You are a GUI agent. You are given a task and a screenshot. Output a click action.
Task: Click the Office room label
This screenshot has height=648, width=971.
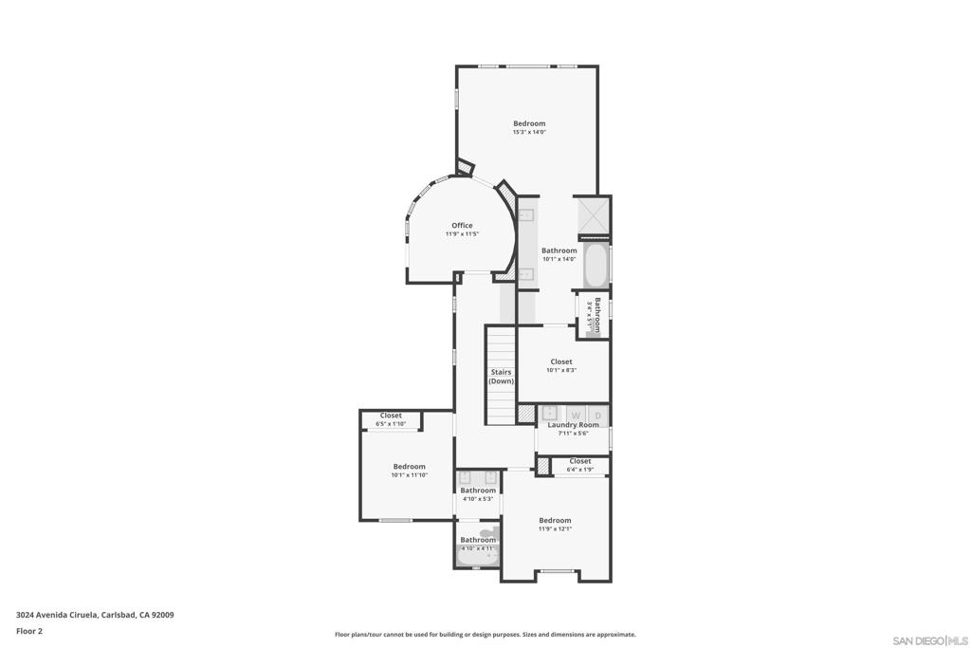click(x=462, y=225)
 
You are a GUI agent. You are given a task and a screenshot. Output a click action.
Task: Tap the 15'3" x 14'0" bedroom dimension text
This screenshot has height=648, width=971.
click(x=529, y=132)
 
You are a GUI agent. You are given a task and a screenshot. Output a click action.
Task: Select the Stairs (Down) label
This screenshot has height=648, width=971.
click(x=501, y=377)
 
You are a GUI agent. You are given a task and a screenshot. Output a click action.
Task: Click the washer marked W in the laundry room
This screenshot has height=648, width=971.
click(x=576, y=416)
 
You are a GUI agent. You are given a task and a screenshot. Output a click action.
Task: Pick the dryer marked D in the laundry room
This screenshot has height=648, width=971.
click(x=597, y=416)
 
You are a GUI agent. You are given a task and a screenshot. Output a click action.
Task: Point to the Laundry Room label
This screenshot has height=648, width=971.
click(x=573, y=425)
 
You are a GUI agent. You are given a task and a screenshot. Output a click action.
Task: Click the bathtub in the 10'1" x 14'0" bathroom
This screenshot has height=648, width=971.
click(x=595, y=266)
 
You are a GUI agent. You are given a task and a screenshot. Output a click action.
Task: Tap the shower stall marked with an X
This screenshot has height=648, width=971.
click(x=594, y=216)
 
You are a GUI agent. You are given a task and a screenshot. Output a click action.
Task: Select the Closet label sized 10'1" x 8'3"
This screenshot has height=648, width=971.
click(x=561, y=361)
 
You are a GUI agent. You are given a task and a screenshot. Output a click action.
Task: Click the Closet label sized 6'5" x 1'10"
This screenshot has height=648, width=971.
click(x=391, y=416)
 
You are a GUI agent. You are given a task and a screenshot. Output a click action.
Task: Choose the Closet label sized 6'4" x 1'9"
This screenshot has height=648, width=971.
click(x=580, y=461)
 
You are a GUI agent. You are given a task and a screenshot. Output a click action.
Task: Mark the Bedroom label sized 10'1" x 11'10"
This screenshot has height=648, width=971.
click(x=410, y=466)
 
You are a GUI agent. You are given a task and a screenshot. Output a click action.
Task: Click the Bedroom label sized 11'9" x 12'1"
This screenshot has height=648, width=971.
click(x=555, y=520)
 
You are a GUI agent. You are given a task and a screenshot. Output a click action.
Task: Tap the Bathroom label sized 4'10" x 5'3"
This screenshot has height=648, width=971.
click(x=479, y=491)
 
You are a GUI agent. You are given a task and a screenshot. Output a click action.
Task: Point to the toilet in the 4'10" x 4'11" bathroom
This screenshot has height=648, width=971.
click(x=486, y=534)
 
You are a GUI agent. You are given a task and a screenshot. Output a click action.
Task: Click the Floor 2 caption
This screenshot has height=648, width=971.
click(x=29, y=631)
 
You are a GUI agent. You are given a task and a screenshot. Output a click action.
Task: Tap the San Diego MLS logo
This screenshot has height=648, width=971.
click(x=930, y=640)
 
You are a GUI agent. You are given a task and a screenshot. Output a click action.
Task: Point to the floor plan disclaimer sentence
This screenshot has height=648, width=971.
click(x=485, y=635)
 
